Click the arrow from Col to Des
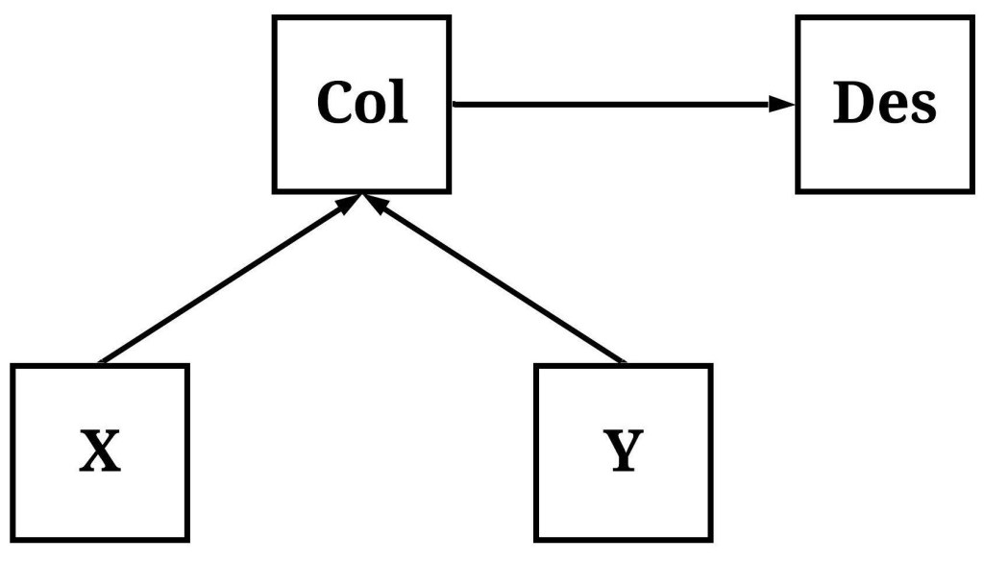point(615,104)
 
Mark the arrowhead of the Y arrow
point(376,204)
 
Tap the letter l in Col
point(399,101)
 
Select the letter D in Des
point(854,103)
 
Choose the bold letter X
point(100,451)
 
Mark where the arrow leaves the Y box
point(623,361)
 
